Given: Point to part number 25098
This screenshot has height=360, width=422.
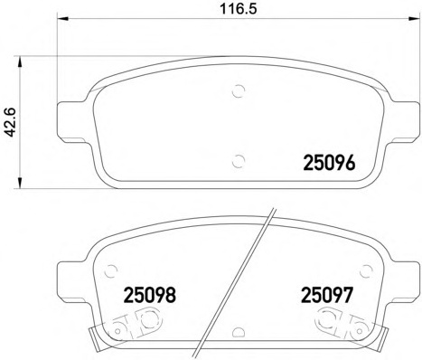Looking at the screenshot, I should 147,295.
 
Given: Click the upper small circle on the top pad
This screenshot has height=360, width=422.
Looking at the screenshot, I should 239,90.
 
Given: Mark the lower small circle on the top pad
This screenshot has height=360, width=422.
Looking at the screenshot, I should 239,161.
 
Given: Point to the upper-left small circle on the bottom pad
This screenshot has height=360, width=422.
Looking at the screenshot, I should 111,269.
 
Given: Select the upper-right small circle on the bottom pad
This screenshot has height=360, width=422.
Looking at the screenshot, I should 365,269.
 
